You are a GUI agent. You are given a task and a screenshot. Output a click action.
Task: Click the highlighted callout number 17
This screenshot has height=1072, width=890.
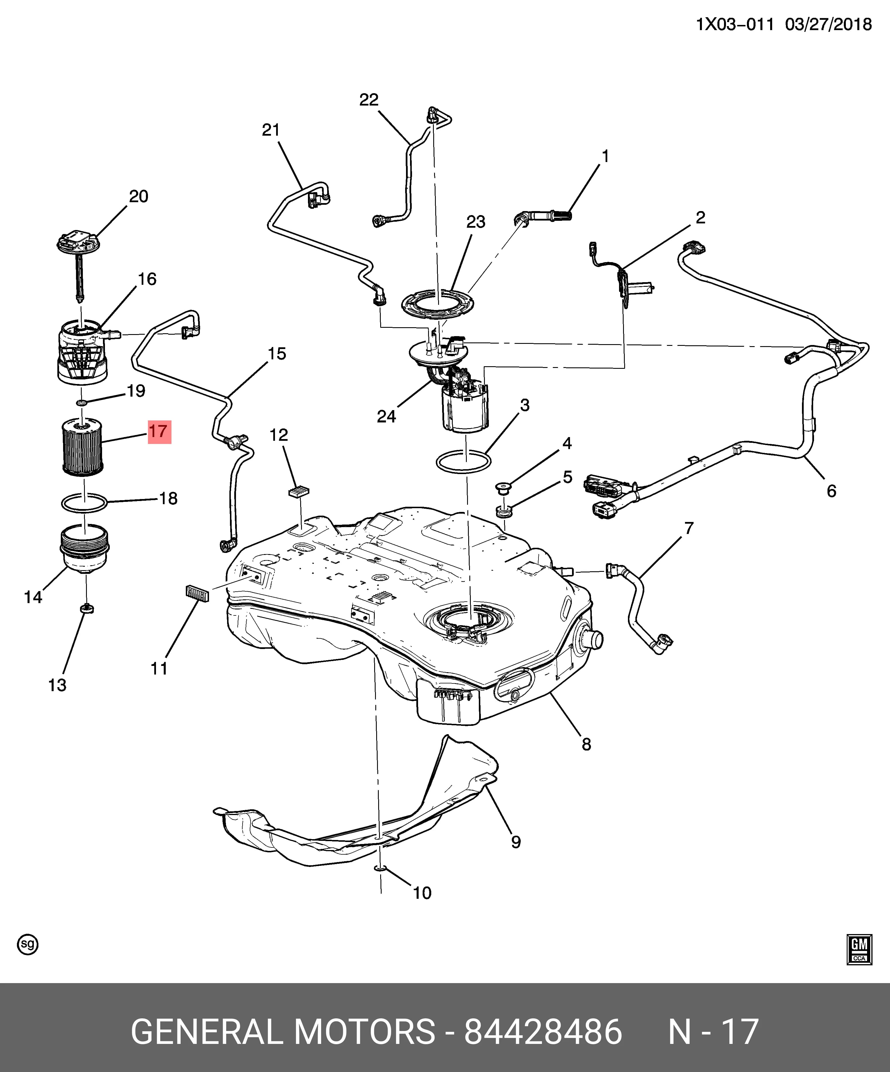pos(159,432)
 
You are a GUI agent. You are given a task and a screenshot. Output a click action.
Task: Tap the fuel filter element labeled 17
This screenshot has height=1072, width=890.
pos(82,446)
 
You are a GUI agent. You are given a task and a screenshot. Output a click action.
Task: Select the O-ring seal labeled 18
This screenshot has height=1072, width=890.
pos(84,503)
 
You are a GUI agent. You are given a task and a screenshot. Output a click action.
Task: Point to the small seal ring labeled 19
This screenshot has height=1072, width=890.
pos(82,403)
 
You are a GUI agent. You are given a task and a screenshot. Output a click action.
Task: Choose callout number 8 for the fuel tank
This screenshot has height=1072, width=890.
pos(586,744)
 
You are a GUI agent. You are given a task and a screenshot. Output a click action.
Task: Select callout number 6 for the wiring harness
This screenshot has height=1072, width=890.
pos(831,491)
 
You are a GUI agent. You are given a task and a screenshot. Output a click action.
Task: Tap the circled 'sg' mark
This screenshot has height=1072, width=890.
pos(28,944)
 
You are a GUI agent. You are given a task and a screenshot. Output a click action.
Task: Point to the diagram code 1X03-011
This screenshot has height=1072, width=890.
pos(735,24)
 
